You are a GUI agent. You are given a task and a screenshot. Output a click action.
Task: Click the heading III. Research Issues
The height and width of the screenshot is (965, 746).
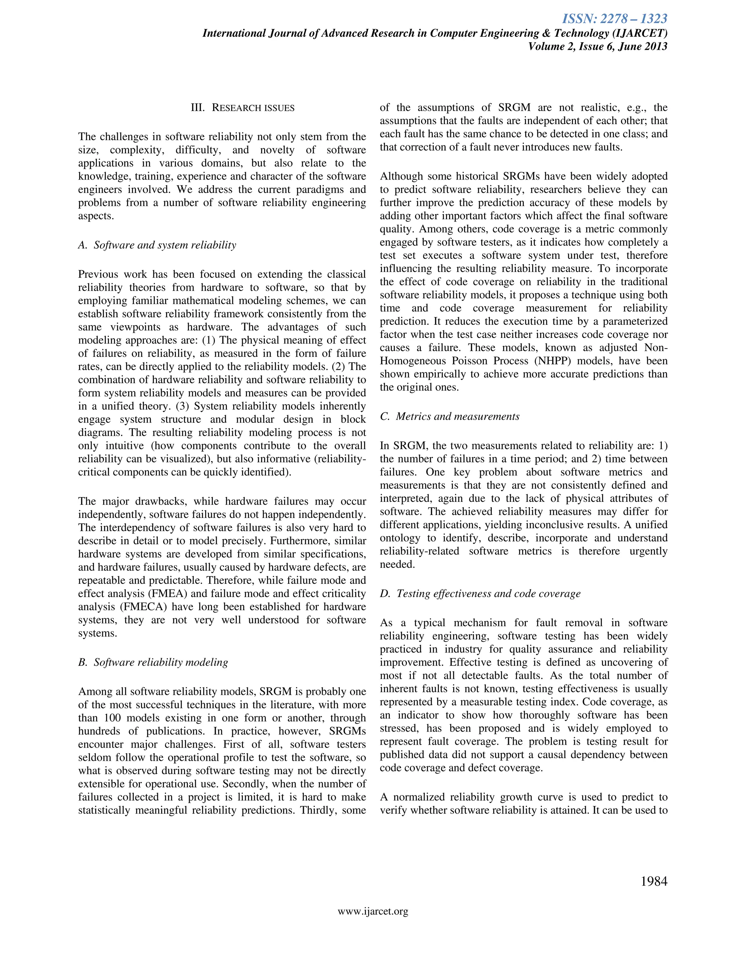coord(242,108)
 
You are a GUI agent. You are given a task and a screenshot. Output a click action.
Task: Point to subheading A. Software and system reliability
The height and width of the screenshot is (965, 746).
coord(157,245)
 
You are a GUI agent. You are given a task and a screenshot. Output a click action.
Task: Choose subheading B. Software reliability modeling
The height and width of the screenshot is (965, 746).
coord(153,662)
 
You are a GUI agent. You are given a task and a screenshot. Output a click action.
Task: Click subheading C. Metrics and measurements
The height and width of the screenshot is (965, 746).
coord(449,417)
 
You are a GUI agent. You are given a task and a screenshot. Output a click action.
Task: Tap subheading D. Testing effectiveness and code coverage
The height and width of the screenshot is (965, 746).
coord(480,594)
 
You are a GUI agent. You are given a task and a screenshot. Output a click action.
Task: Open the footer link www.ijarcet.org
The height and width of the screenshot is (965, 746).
coord(373,911)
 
